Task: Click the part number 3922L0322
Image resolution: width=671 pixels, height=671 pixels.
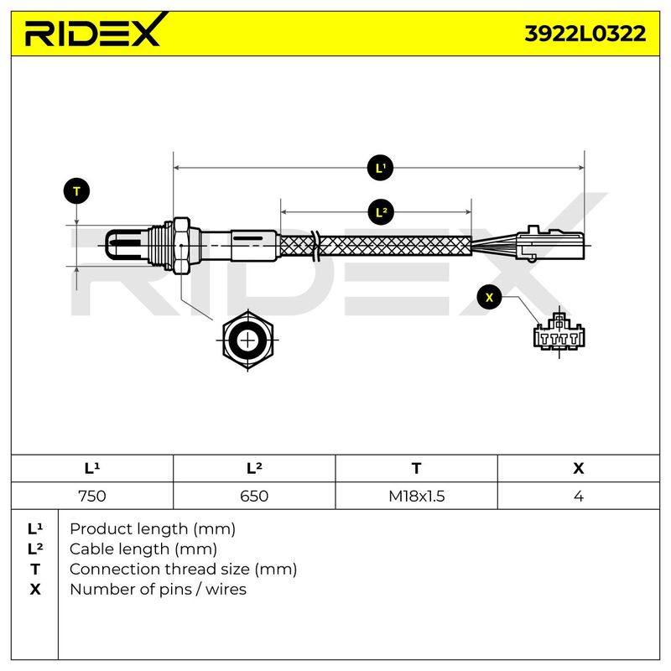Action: point(585,34)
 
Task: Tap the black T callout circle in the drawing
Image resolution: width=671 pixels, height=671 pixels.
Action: point(76,191)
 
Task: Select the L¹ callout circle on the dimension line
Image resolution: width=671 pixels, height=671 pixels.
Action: point(380,168)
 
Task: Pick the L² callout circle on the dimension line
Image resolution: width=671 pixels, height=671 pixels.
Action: point(381,212)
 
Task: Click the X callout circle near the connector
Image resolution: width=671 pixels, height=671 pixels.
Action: point(490,297)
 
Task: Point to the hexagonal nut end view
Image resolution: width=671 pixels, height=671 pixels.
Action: point(247,341)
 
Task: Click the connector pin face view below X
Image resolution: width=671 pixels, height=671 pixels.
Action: point(559,334)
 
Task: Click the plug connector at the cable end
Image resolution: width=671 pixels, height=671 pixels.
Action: point(550,244)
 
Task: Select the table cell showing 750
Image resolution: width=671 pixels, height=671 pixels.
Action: point(92,496)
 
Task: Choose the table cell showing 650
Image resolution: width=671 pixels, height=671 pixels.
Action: point(254,496)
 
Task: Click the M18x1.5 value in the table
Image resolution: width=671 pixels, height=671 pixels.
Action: point(416,496)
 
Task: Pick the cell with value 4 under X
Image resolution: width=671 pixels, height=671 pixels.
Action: point(579,496)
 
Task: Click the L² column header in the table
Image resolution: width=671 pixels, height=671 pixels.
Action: point(254,468)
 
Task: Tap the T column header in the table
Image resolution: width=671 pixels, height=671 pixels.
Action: point(416,468)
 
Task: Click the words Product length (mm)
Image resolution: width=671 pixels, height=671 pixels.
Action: point(153,529)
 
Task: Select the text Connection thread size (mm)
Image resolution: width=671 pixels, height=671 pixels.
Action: point(183,570)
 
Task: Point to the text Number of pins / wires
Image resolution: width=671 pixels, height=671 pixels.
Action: point(158,590)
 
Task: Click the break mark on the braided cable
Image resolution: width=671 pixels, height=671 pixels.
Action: point(315,246)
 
